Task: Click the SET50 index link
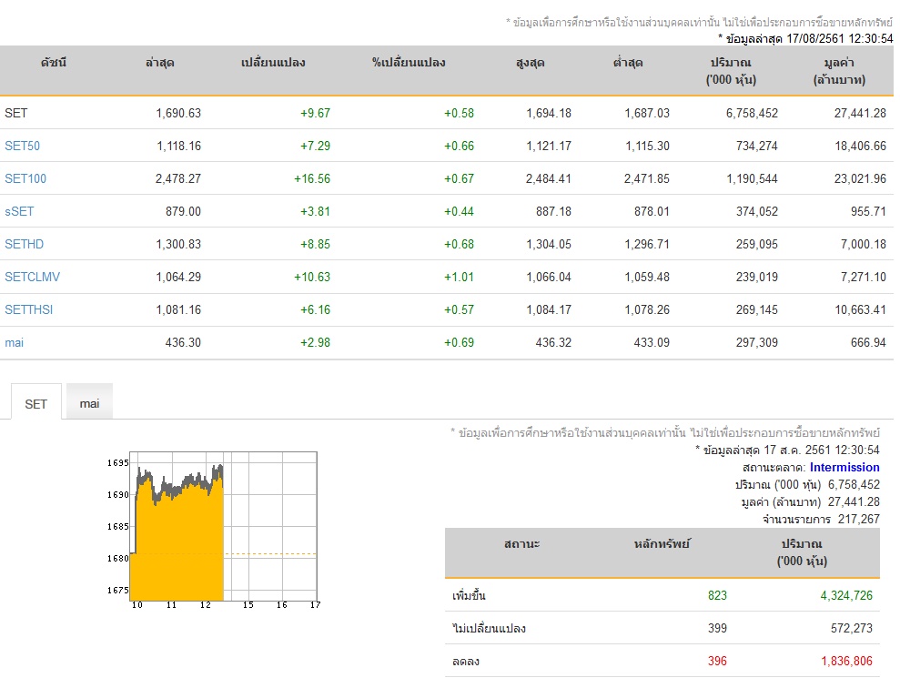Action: (23, 146)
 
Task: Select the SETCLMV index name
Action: (32, 277)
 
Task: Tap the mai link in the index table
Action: (15, 343)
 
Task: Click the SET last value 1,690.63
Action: (178, 113)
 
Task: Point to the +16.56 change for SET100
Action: (312, 178)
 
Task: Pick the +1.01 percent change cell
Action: (460, 277)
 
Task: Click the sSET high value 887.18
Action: (554, 211)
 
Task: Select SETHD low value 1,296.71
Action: (647, 244)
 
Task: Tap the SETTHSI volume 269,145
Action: (757, 309)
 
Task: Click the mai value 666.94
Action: (868, 343)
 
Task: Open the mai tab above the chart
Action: (89, 403)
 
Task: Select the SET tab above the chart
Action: (35, 404)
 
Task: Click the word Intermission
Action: (844, 467)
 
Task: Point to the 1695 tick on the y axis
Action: (118, 462)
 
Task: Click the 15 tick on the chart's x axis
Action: (248, 605)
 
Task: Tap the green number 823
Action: (717, 595)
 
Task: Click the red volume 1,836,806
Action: (846, 661)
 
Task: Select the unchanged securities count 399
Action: (717, 628)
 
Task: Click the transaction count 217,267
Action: (859, 519)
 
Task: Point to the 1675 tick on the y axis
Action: (118, 590)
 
